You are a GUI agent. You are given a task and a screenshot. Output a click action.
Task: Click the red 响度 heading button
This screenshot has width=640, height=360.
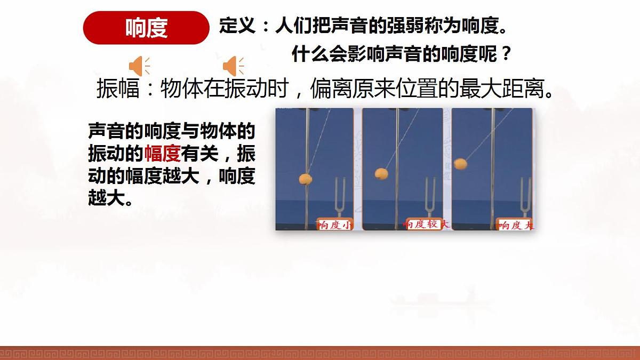click(146, 28)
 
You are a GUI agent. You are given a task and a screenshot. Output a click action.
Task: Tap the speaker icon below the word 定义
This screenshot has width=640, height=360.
click(233, 66)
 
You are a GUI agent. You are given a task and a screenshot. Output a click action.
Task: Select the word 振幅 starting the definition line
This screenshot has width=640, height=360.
click(118, 89)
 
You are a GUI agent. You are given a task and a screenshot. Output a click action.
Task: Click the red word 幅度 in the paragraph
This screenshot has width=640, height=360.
click(162, 154)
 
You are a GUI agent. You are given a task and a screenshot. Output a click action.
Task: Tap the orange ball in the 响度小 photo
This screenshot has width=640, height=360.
click(306, 179)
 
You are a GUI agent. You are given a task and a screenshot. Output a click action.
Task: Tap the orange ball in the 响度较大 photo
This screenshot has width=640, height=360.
click(381, 173)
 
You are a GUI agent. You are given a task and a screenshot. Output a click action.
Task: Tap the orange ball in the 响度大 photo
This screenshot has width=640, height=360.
click(460, 163)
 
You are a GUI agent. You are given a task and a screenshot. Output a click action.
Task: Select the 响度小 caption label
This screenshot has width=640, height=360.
click(334, 225)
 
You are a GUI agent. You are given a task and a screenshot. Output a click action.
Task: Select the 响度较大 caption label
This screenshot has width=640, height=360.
click(426, 224)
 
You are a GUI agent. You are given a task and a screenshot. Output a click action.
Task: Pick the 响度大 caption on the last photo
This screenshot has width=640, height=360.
click(515, 225)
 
